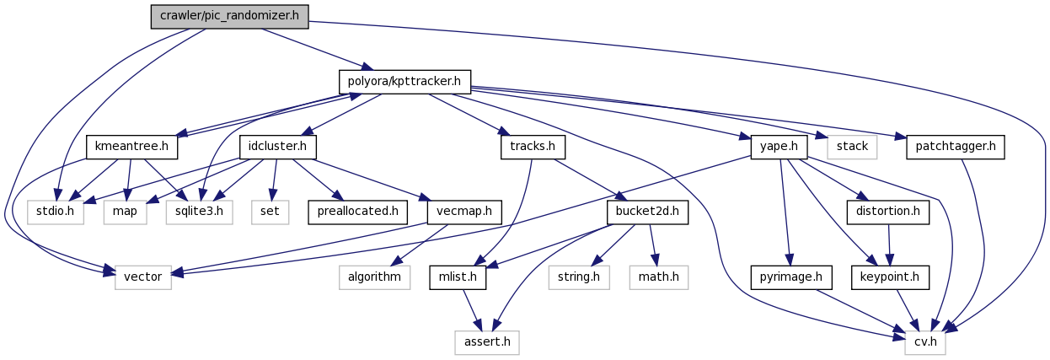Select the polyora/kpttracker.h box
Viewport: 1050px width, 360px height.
404,82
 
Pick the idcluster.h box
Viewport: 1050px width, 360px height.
278,148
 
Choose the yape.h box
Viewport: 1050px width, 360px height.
779,148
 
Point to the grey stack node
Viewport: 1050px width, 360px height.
852,148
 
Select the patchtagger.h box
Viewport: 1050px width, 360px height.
956,148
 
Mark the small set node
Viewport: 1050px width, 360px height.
270,211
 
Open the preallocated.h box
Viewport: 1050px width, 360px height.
358,211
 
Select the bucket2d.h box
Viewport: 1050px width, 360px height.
647,211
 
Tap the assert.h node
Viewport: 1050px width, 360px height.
486,341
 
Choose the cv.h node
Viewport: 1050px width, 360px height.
924,341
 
